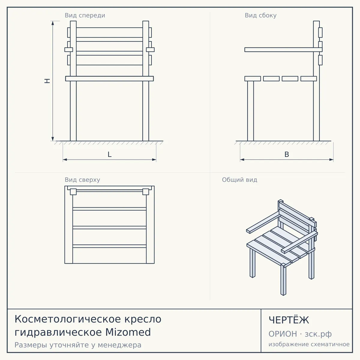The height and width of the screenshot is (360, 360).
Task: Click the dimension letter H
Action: [x=47, y=81]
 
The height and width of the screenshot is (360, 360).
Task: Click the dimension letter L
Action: [x=109, y=154]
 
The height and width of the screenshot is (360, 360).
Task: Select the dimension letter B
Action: [x=286, y=154]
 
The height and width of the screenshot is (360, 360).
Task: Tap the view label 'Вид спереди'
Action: [x=85, y=15]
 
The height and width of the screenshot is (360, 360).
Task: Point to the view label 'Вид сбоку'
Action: [x=261, y=15]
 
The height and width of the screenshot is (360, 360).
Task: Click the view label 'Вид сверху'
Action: [x=82, y=180]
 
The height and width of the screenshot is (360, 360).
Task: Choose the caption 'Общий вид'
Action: [x=239, y=180]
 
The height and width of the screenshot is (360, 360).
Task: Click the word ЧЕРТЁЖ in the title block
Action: [x=289, y=320]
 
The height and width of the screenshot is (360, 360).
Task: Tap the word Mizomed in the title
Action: [x=128, y=332]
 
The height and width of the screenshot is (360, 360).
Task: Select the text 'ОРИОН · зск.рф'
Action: [x=300, y=334]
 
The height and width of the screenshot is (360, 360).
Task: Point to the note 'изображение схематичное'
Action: [x=309, y=344]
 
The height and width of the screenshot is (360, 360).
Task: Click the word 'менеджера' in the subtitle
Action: [x=120, y=345]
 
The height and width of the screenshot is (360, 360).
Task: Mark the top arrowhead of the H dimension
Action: [x=53, y=23]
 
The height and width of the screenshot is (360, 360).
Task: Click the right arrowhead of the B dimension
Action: [x=331, y=160]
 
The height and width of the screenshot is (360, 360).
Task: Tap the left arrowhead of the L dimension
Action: [x=65, y=160]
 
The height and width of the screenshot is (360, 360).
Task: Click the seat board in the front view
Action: [x=109, y=79]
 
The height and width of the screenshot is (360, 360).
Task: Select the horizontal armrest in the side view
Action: [x=283, y=49]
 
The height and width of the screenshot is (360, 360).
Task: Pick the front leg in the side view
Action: [x=250, y=111]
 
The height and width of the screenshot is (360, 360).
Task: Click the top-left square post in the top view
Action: [x=73, y=192]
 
